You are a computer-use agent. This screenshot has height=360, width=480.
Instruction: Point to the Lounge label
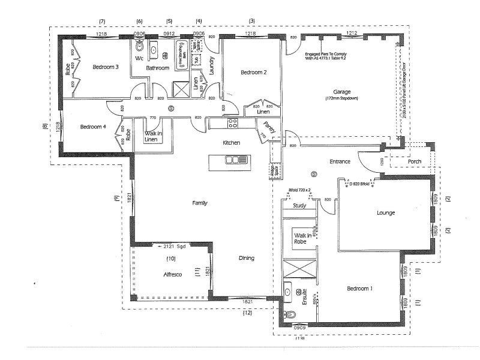pyautogui.click(x=385, y=212)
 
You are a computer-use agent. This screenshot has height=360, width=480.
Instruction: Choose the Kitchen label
pyautogui.click(x=232, y=143)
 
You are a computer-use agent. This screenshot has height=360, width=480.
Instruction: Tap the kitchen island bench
pyautogui.click(x=228, y=160)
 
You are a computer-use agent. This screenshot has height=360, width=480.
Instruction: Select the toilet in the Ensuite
pyautogui.click(x=292, y=316)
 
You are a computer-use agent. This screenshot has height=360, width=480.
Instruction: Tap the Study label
pyautogui.click(x=299, y=206)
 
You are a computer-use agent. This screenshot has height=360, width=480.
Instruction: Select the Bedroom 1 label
pyautogui.click(x=360, y=289)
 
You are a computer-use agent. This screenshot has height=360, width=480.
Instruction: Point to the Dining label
pyautogui.click(x=246, y=258)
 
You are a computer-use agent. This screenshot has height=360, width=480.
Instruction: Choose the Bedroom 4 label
pyautogui.click(x=93, y=127)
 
